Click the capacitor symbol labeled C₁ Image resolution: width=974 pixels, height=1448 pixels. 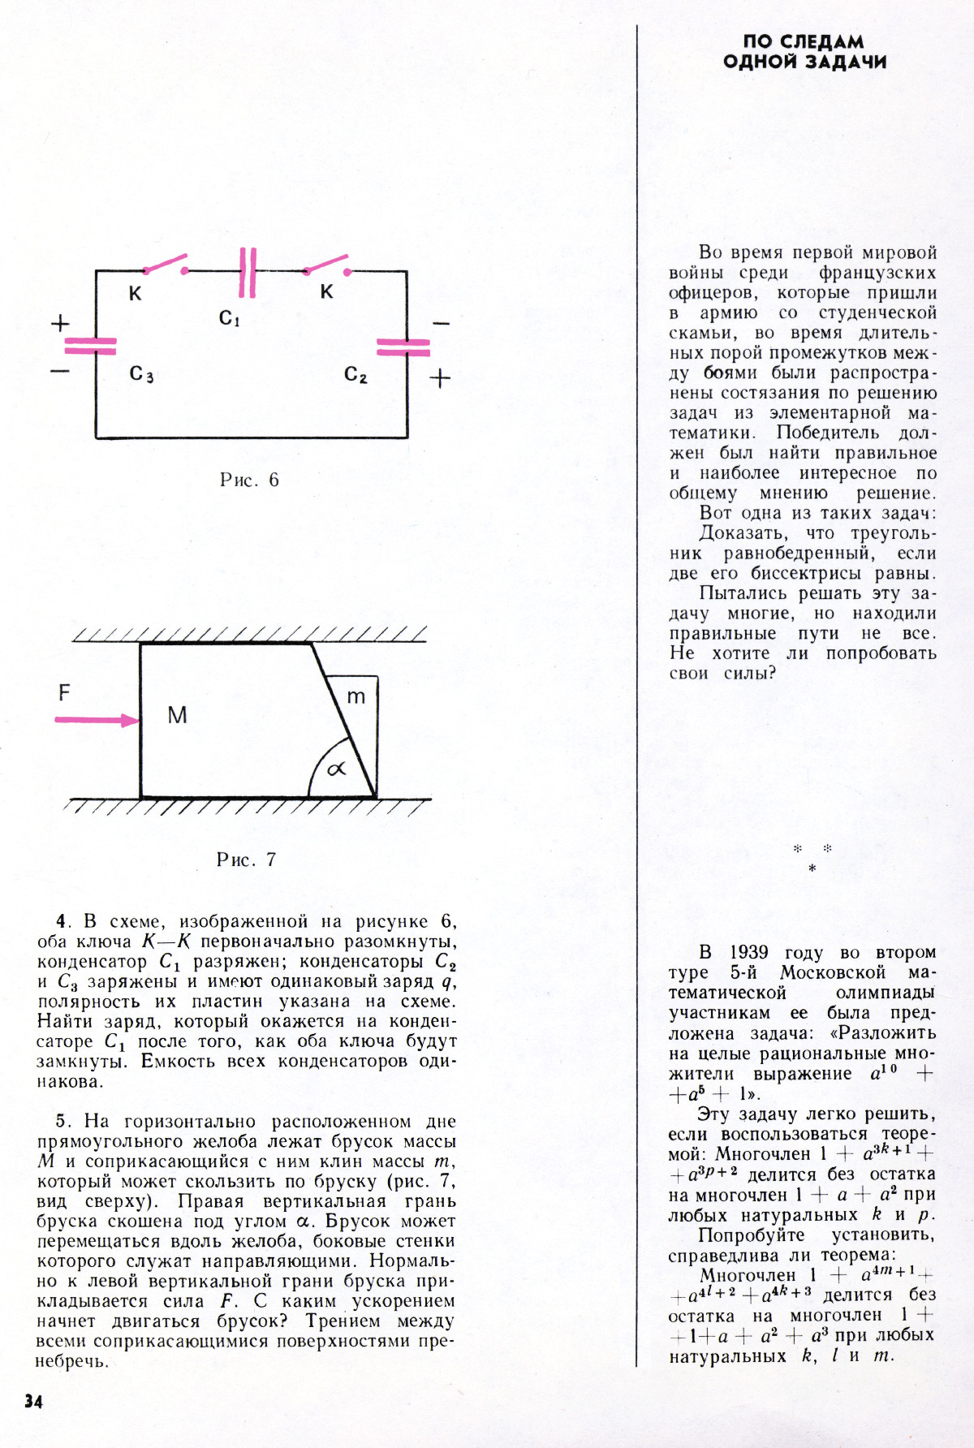(x=248, y=272)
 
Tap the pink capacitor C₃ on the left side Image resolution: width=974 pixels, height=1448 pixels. (x=90, y=347)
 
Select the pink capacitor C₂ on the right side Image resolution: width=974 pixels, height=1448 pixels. (x=403, y=347)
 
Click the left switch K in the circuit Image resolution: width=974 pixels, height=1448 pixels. (x=166, y=265)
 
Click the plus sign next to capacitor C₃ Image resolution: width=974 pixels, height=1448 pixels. (x=60, y=324)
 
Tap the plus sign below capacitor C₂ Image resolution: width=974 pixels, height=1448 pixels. (x=439, y=378)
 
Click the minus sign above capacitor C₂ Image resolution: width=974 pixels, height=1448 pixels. (x=440, y=324)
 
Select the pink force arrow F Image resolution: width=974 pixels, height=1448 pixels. (x=97, y=720)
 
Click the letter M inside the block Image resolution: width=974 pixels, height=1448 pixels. (x=177, y=715)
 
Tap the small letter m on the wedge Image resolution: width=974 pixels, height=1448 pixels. (x=356, y=696)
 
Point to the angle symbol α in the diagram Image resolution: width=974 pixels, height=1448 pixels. (x=336, y=768)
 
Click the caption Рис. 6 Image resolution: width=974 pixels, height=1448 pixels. (x=249, y=480)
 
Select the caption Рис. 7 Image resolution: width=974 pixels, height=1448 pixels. (x=247, y=860)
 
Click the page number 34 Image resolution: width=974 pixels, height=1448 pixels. (x=33, y=1402)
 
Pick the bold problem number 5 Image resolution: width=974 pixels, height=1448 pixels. (x=61, y=1122)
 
